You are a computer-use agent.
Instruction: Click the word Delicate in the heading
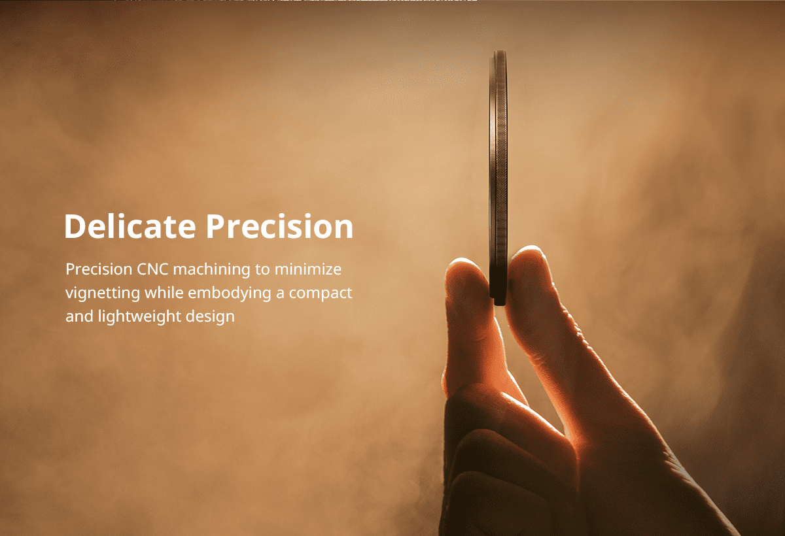click(x=130, y=226)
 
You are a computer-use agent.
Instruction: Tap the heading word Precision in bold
click(x=280, y=226)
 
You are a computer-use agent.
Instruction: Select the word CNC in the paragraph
click(x=152, y=269)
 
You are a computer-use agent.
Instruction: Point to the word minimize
click(x=308, y=269)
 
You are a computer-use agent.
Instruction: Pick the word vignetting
click(x=103, y=293)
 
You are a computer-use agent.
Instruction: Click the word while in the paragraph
click(x=164, y=292)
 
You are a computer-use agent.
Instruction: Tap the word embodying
click(x=230, y=293)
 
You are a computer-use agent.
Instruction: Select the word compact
click(x=321, y=293)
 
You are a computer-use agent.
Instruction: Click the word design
click(x=210, y=317)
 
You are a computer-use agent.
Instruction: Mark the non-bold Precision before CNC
click(x=99, y=269)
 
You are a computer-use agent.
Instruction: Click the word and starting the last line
click(x=79, y=316)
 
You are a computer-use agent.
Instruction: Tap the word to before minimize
click(x=262, y=270)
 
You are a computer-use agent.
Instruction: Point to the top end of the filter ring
click(x=500, y=51)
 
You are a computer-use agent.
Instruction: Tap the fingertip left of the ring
click(x=463, y=267)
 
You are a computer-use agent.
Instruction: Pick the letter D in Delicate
click(x=76, y=227)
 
